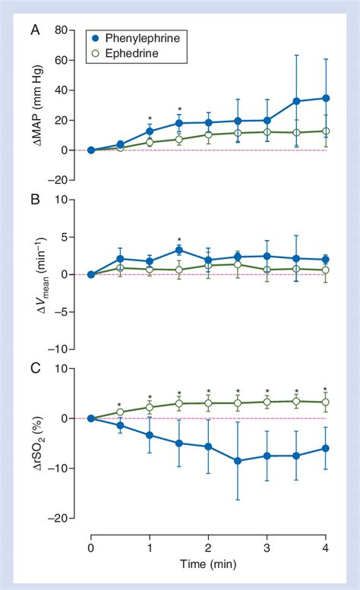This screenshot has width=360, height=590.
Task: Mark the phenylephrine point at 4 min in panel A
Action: tap(326, 98)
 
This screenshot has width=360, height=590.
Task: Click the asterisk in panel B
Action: tap(179, 239)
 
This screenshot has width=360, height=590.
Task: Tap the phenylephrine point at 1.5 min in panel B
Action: tap(179, 250)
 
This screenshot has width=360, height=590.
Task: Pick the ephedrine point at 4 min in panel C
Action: tap(326, 402)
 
